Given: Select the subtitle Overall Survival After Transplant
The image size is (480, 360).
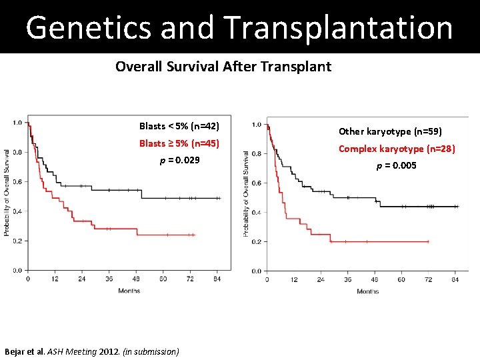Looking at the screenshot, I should (223, 67).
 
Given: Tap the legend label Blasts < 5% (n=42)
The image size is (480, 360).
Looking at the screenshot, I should (179, 126).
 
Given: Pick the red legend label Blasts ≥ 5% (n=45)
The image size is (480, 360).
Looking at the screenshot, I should (179, 143).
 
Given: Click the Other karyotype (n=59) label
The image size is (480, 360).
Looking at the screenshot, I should (390, 132).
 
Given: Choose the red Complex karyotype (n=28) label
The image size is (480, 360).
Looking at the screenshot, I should (397, 149).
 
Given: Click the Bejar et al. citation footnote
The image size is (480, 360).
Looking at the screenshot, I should (91, 351).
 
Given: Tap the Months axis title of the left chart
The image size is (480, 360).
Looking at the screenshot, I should (129, 291).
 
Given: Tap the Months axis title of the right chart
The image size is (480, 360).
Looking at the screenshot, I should (367, 291).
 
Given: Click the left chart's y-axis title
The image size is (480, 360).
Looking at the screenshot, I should (7, 193).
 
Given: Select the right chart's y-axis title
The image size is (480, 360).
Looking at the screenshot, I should (245, 193).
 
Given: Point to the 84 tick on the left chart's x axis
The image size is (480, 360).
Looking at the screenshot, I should (217, 279).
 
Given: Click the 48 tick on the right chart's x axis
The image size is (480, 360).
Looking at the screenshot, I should (374, 280).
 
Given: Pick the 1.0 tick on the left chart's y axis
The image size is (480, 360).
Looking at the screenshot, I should (17, 123).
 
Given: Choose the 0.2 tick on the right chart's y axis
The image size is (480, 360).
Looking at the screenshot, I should (255, 241).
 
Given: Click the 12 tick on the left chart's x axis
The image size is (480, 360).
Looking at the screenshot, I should (54, 279).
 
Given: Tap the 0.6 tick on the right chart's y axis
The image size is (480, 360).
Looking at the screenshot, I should (255, 183).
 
